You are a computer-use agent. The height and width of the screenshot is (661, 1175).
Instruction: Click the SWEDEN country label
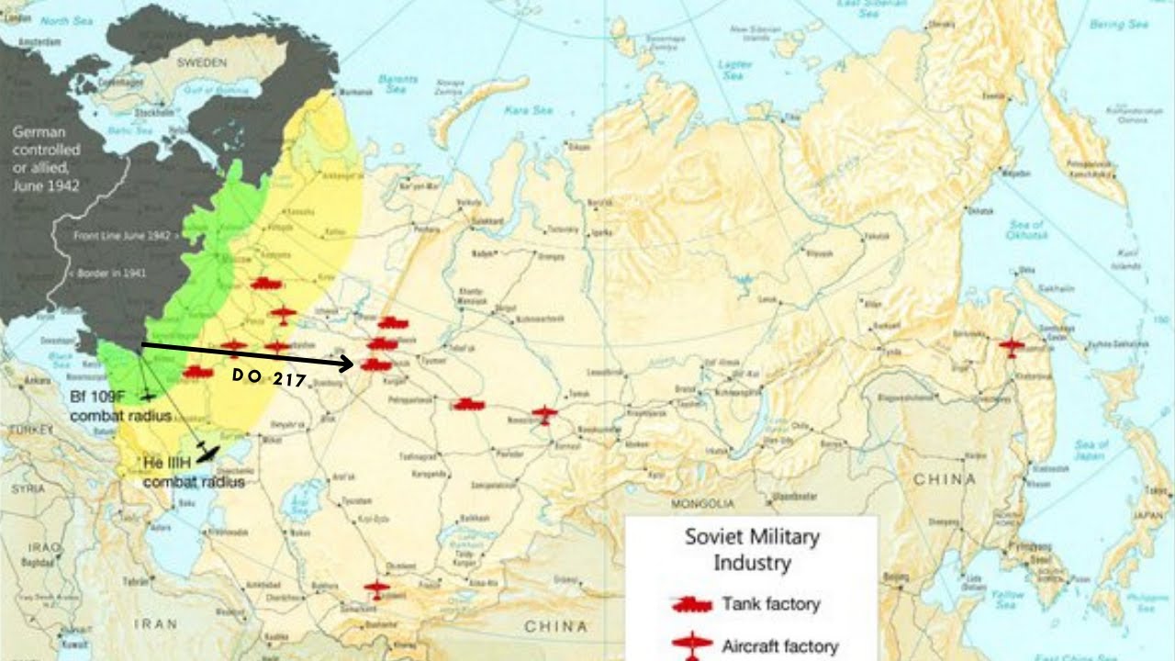[x=201, y=62]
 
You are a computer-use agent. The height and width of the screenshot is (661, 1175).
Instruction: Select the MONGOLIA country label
[x=704, y=504]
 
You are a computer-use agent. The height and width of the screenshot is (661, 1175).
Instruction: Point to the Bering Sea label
[x=1119, y=25]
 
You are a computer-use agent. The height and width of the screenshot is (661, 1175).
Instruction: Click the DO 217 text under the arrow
[x=268, y=376]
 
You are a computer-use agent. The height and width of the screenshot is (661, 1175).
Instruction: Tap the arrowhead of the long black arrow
[x=349, y=364]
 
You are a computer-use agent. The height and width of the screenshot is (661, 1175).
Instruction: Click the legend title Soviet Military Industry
[x=752, y=549]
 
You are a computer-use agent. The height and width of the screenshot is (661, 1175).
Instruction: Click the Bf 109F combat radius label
[x=120, y=406]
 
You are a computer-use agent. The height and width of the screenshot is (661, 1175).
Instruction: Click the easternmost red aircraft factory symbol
[x=1011, y=347]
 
